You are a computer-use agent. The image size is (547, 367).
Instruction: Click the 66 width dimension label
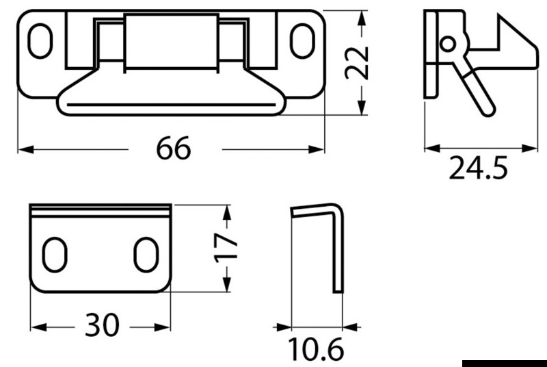(174, 149)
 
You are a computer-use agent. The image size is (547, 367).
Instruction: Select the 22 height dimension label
(356, 63)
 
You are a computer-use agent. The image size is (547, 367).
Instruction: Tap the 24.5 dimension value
(478, 168)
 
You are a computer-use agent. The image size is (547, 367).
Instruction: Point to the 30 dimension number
(102, 325)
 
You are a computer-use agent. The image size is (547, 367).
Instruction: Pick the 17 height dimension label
(226, 248)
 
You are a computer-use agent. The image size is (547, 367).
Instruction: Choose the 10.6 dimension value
(316, 349)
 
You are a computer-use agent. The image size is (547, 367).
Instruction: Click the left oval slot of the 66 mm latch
(40, 41)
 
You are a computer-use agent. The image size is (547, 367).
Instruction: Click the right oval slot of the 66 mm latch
(302, 41)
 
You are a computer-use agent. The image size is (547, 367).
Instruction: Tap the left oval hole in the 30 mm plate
(55, 255)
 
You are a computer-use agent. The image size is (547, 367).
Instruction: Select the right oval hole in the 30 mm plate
(146, 255)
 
